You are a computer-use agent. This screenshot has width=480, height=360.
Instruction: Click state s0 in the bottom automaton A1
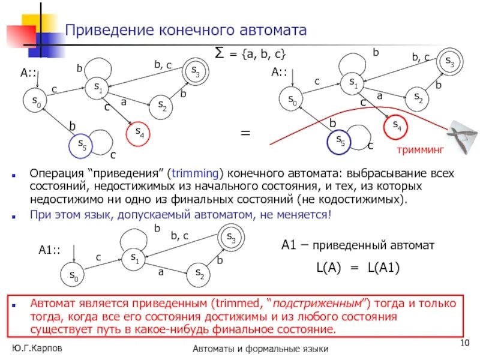pyautogui.click(x=73, y=275)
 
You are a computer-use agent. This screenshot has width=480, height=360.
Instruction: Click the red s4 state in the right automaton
pyautogui.click(x=395, y=126)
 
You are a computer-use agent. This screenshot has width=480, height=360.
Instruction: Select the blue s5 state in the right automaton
pyautogui.click(x=339, y=141)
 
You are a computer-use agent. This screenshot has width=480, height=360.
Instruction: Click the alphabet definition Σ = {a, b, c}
pyautogui.click(x=250, y=52)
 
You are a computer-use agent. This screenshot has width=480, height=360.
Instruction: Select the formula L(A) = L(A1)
pyautogui.click(x=356, y=268)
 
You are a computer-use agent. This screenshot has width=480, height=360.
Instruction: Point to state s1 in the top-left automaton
pyautogui.click(x=98, y=88)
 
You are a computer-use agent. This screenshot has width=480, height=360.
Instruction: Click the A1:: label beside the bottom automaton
pyautogui.click(x=50, y=251)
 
